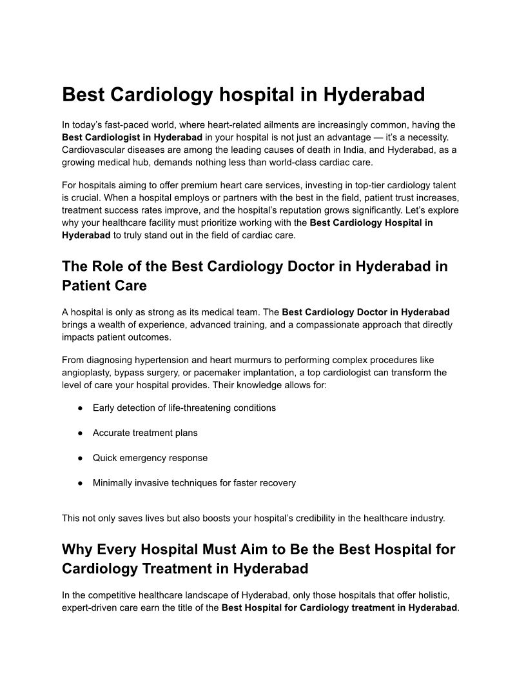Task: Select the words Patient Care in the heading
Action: (x=104, y=285)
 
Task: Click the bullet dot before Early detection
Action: (x=79, y=408)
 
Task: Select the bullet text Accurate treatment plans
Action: (x=145, y=433)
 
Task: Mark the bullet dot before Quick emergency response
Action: (x=79, y=458)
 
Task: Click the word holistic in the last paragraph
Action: (x=440, y=595)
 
